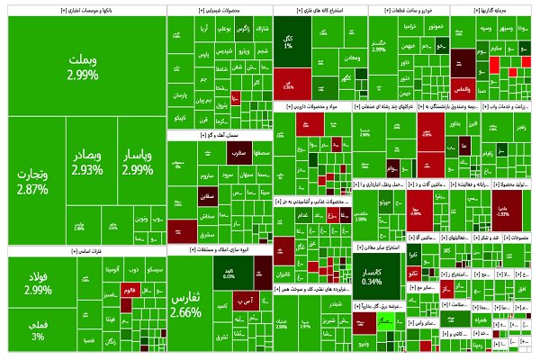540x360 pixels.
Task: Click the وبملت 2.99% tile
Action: tap(81, 67)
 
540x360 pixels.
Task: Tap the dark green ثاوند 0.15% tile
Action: tap(229, 272)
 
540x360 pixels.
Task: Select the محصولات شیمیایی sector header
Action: tap(218, 11)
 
